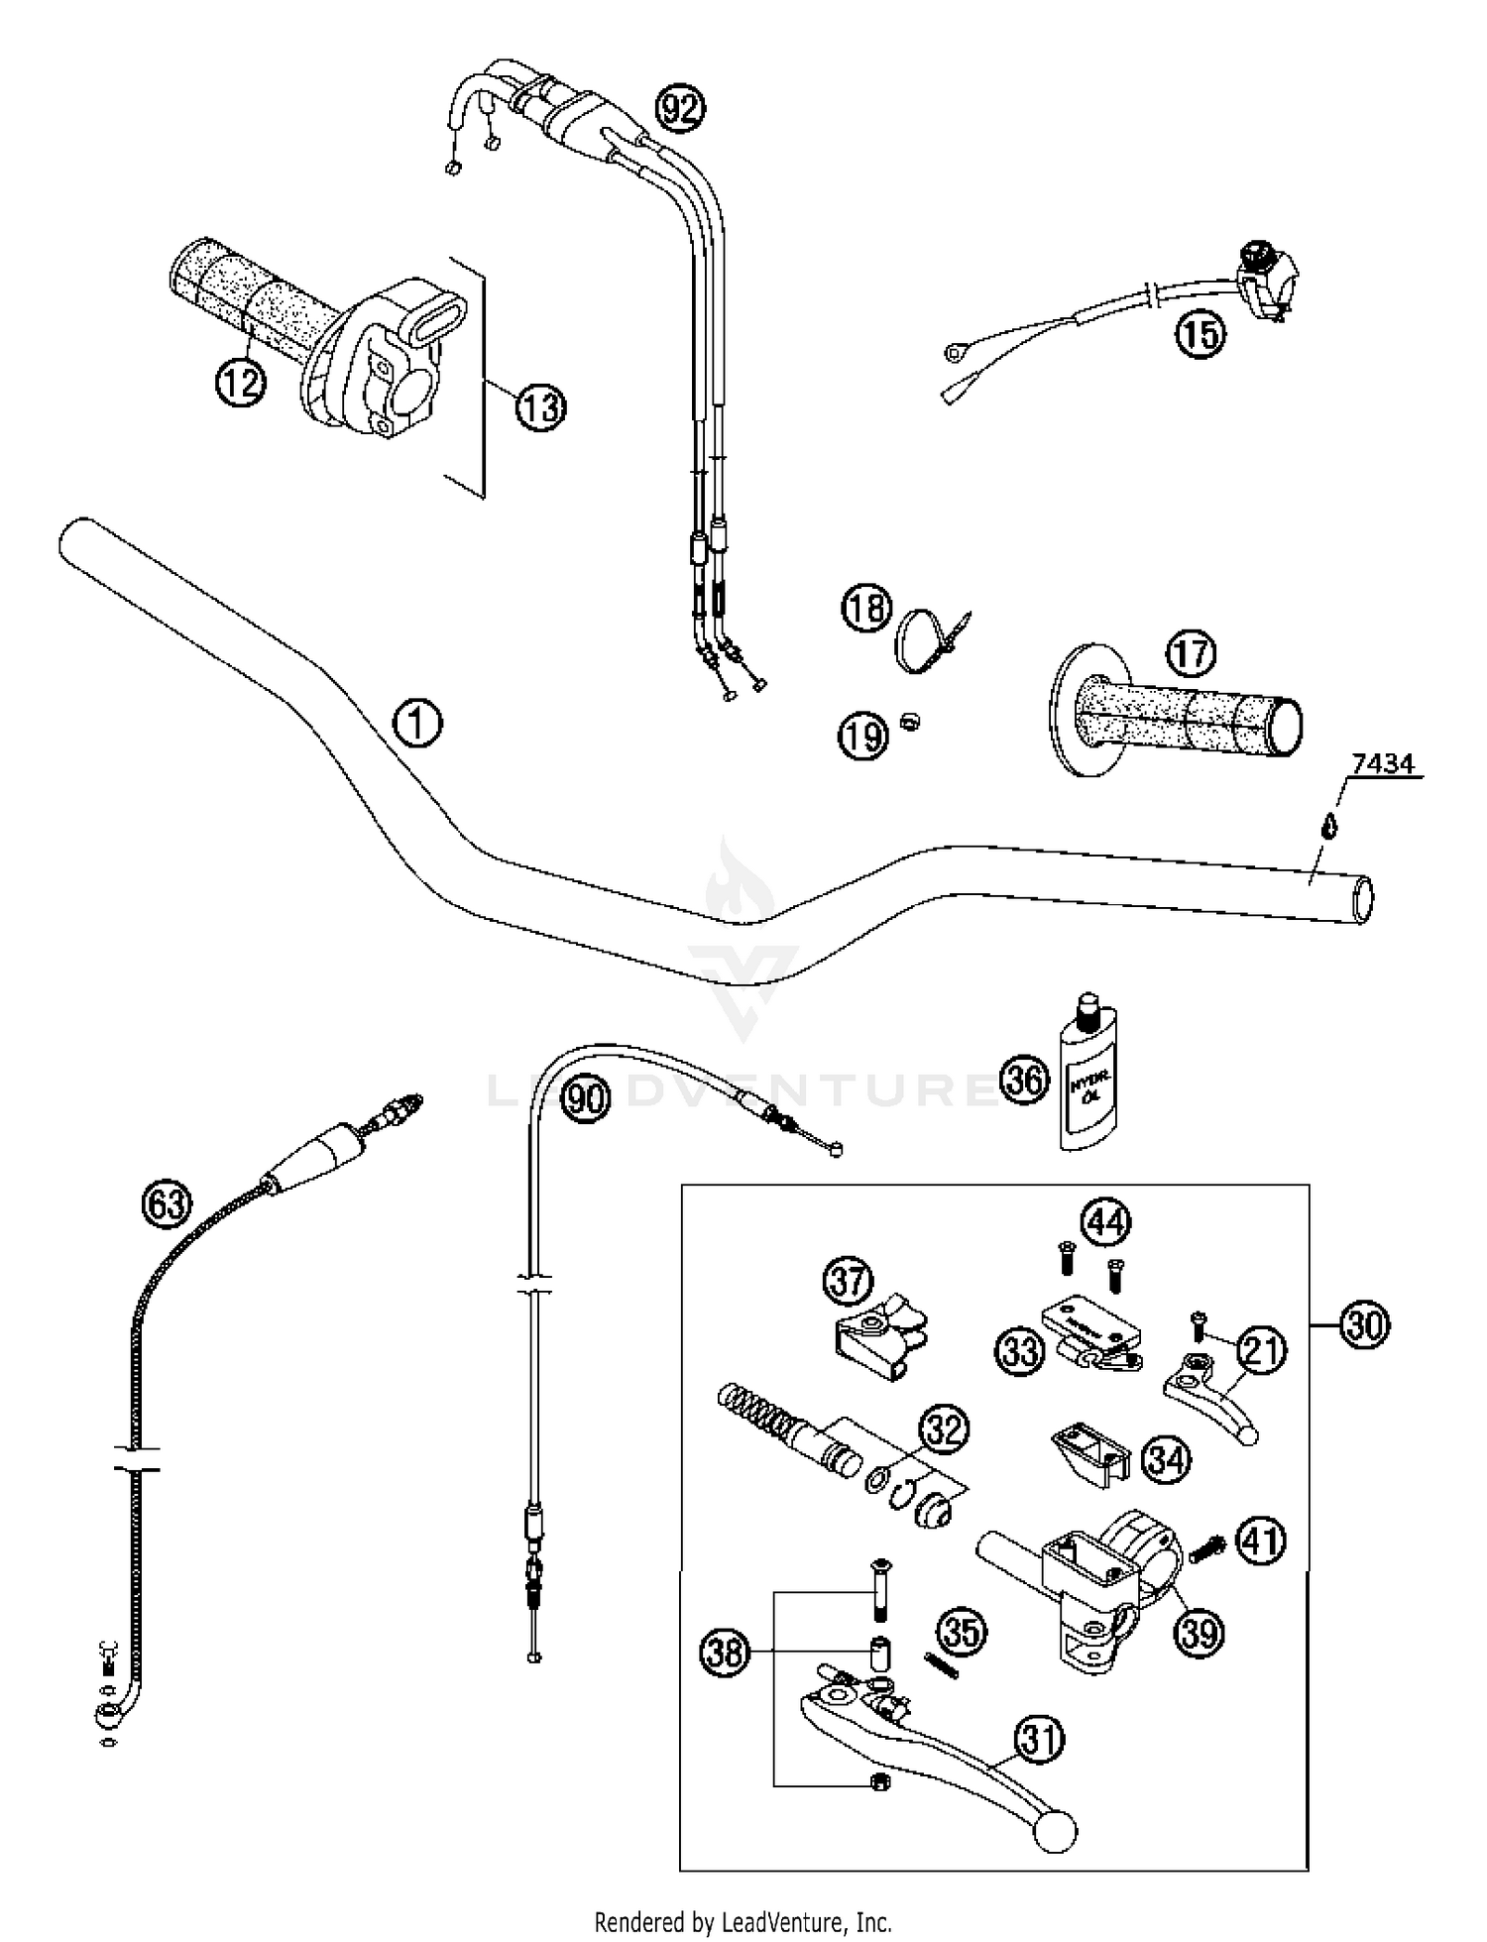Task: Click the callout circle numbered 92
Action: [x=680, y=109]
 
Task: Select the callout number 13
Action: [x=540, y=406]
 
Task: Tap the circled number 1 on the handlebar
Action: [x=417, y=723]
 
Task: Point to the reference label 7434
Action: [x=1383, y=764]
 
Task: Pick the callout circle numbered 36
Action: [x=1024, y=1079]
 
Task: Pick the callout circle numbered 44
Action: [x=1105, y=1221]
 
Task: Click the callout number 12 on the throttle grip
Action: [x=241, y=382]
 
